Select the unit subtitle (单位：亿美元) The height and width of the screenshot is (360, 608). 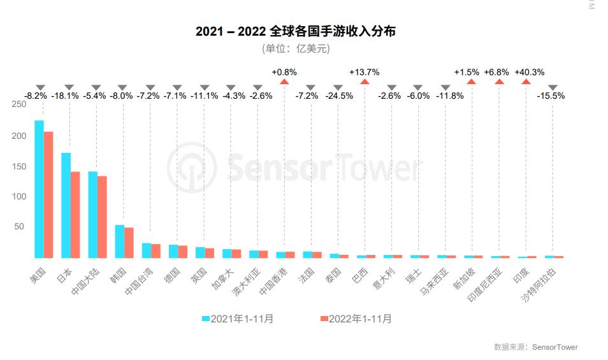tap(295, 48)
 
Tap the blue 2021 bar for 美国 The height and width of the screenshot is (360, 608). tap(39, 189)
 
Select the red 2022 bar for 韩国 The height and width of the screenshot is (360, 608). tap(129, 242)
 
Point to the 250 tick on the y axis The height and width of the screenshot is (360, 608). tap(18, 106)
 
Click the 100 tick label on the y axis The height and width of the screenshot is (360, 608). tap(18, 197)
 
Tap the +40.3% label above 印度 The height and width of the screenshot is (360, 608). tap(529, 72)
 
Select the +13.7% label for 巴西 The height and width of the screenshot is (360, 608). tap(364, 72)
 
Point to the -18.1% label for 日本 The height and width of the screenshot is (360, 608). tap(65, 96)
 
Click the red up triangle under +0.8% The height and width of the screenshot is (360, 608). tap(284, 82)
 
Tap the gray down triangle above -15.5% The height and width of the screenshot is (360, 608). tap(553, 87)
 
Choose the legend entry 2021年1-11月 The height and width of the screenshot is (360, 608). tap(237, 319)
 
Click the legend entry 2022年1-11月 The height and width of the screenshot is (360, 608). tap(355, 319)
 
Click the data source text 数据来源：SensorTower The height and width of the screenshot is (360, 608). tap(535, 347)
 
